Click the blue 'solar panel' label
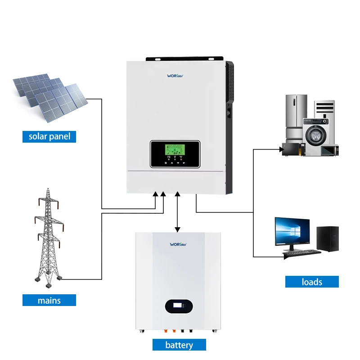tap(49, 136)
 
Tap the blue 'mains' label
tap(49, 300)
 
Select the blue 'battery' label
tap(179, 345)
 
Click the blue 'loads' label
tap(311, 282)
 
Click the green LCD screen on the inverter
tap(174, 150)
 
